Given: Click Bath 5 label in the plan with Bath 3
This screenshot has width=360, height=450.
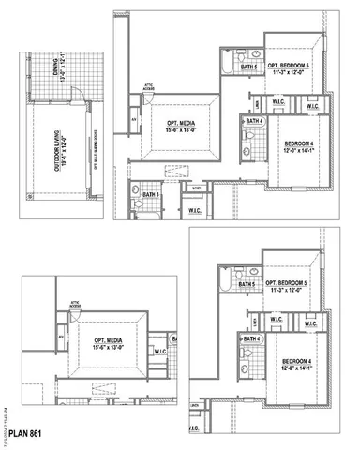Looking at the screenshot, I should click(248, 67).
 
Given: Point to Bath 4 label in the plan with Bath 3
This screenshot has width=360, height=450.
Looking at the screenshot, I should click(252, 122).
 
